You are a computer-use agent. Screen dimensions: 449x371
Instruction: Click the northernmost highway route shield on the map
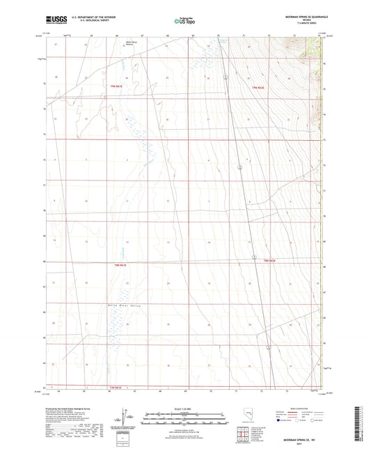[x=238, y=167]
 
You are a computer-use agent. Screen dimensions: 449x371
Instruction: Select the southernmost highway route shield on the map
[x=268, y=346]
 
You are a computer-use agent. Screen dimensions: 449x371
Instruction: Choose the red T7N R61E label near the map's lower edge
[x=119, y=386]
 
